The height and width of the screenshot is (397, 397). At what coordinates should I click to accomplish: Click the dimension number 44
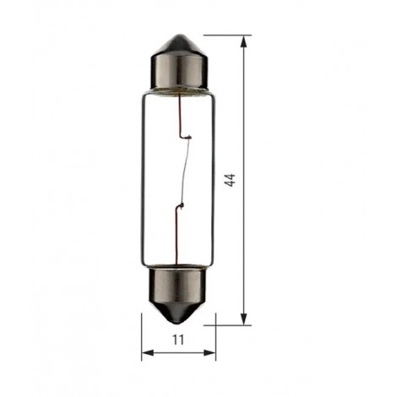(230, 180)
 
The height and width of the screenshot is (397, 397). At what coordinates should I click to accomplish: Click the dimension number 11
(178, 340)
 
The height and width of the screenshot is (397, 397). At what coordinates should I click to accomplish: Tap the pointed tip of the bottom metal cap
(177, 323)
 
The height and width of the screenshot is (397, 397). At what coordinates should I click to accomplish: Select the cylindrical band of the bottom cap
(177, 286)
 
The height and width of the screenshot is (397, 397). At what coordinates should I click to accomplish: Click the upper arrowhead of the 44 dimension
(244, 42)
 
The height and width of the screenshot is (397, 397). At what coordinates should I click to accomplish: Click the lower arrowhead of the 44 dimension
(244, 318)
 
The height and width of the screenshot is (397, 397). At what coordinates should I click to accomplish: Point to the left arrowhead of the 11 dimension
(148, 352)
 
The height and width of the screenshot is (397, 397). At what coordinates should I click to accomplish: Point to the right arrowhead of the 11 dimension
(209, 352)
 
